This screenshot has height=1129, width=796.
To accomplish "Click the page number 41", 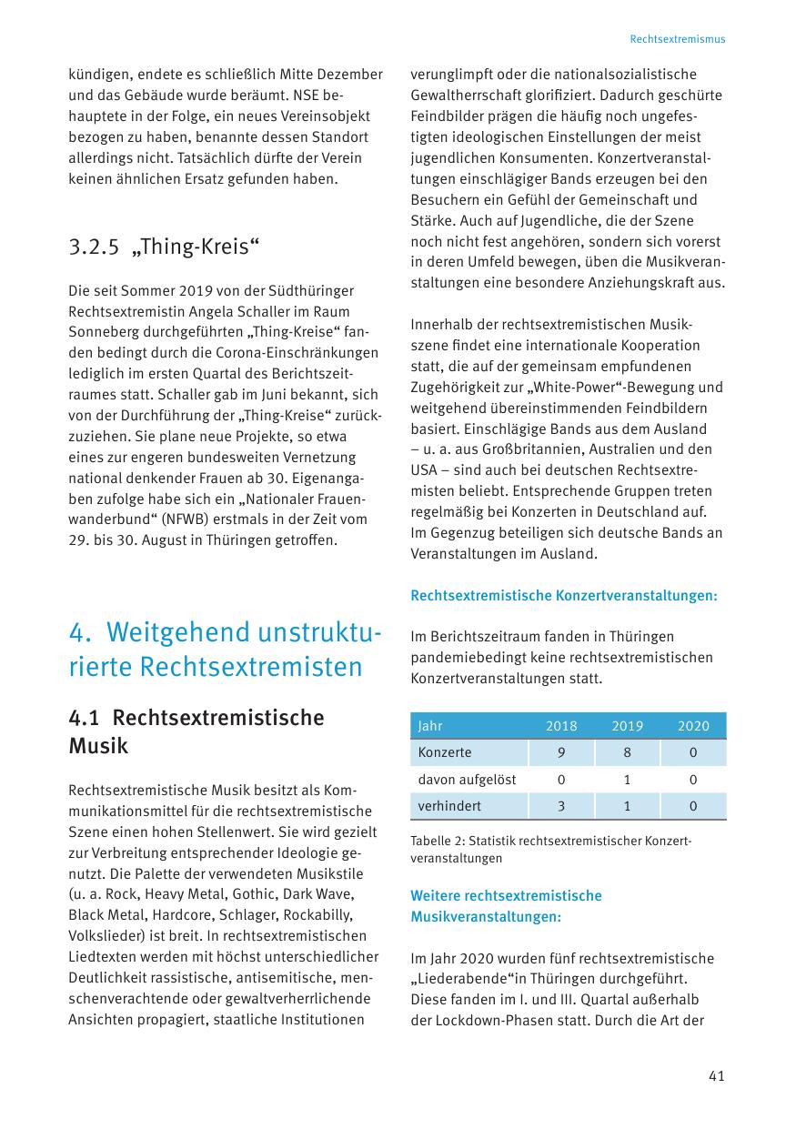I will click(716, 1076).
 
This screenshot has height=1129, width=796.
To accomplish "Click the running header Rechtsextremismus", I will click(677, 39).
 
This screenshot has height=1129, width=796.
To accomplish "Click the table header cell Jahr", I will click(430, 726).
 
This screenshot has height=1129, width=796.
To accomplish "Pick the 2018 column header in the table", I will click(561, 726).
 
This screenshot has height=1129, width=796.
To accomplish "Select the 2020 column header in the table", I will click(693, 726).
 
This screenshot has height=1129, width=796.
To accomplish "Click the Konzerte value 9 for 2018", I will click(561, 752).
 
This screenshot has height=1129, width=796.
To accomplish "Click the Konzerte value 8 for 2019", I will click(627, 752).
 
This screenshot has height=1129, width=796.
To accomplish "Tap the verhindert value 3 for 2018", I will click(561, 806).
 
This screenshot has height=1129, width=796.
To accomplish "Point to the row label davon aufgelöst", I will click(467, 780).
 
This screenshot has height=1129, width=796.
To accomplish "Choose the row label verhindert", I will click(449, 806).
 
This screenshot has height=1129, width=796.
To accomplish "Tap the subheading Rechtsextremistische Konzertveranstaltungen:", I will click(564, 596).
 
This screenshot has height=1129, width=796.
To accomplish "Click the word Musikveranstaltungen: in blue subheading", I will click(486, 917).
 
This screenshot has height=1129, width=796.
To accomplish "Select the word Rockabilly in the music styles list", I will click(325, 914).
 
